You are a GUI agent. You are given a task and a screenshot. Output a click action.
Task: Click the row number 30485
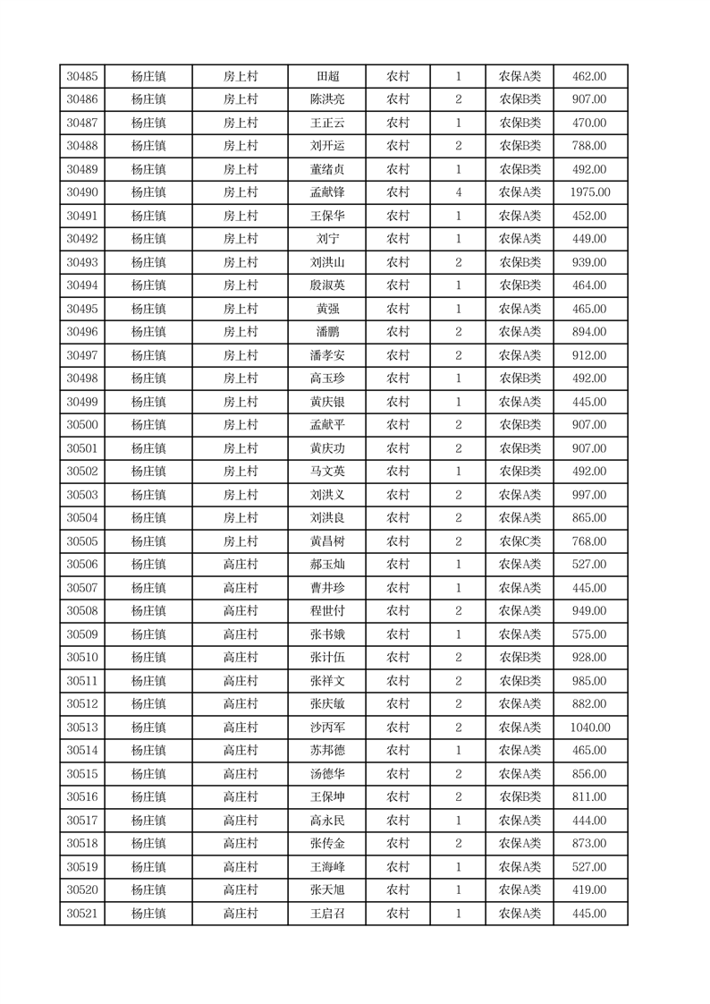(82, 77)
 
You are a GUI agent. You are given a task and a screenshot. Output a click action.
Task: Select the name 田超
(327, 77)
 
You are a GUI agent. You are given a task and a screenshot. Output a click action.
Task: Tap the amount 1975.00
(589, 192)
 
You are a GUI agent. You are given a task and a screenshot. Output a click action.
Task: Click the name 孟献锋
(327, 192)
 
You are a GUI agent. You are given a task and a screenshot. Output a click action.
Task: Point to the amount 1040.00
(589, 727)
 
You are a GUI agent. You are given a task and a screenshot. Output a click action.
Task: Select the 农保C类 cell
(520, 541)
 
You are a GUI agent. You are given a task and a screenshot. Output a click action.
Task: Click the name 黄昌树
(327, 541)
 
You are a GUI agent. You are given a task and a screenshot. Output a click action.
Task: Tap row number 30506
(82, 565)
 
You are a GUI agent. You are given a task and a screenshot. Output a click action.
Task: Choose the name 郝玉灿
(327, 565)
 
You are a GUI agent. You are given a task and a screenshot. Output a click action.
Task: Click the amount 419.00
(589, 890)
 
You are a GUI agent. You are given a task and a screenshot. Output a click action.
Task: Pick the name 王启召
(327, 914)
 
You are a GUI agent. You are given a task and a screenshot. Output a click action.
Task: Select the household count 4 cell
(459, 192)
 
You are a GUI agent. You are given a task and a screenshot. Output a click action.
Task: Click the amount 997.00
(589, 495)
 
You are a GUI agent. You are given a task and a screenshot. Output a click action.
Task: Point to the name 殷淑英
(327, 285)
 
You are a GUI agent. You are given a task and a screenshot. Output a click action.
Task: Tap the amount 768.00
(589, 541)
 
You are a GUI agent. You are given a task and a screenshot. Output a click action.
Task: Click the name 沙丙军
(327, 727)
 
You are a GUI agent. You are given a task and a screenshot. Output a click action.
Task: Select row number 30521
(82, 914)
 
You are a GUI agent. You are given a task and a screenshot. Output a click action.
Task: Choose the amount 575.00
(589, 634)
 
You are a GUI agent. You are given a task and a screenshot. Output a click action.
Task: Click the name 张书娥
(327, 634)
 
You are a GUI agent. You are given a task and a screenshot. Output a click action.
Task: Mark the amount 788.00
(589, 146)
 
